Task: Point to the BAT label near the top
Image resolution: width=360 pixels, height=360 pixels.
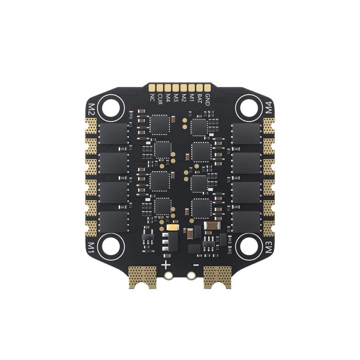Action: pos(200,99)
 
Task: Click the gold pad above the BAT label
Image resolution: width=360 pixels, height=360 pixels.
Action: pos(200,88)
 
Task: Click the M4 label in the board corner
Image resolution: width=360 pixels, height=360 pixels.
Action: pos(268,108)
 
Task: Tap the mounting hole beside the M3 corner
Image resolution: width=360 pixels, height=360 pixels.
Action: pos(248,246)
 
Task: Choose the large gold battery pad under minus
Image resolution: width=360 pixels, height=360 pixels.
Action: pos(217,277)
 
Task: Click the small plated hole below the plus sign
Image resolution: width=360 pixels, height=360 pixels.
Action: pos(169,276)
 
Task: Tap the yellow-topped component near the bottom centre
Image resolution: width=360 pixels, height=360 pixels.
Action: pos(172,227)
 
